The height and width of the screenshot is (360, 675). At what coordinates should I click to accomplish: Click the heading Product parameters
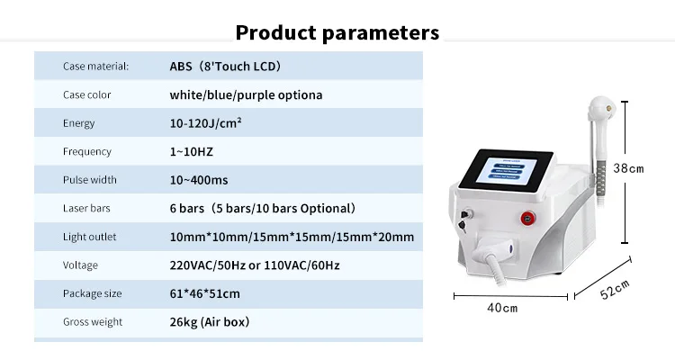pos(337,32)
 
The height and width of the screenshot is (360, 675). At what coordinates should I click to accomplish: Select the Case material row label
pos(95,66)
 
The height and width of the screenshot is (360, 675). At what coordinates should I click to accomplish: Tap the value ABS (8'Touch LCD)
pos(225,66)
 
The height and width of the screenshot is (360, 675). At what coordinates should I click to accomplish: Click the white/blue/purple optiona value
pos(246,94)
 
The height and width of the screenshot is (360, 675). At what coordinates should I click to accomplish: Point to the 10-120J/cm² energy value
pos(205,123)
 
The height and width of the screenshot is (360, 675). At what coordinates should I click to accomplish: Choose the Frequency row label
pos(87,151)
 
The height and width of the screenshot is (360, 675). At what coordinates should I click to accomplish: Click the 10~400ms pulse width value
pos(199,180)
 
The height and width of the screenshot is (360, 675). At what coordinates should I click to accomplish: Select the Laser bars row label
pos(86,208)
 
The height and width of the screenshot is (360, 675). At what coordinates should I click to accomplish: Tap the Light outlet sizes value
pos(292,237)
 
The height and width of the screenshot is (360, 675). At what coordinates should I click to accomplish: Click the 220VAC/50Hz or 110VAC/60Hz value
pos(255,265)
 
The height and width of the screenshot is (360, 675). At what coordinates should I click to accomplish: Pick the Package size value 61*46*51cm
pos(204,293)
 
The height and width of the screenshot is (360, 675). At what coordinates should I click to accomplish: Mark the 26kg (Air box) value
pos(209,322)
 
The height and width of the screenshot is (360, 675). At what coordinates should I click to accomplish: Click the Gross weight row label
pos(93,322)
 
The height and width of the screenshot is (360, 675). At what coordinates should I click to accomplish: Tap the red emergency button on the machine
pos(527,218)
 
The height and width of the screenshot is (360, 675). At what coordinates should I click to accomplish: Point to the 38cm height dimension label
pos(628,168)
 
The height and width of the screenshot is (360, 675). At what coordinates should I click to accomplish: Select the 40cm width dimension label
pos(502,308)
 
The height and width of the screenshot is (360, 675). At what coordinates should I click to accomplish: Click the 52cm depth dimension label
pos(616,290)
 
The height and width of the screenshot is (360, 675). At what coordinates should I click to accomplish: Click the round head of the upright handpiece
pos(602,108)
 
